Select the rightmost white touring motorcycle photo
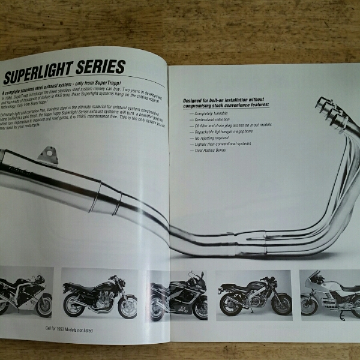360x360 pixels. (329, 293)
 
